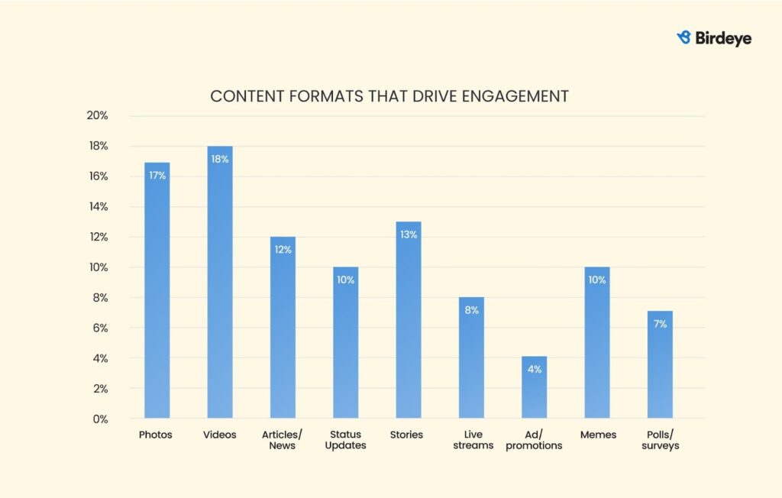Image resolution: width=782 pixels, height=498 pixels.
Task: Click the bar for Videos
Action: click(220, 283)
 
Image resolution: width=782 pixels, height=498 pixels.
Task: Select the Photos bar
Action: click(157, 290)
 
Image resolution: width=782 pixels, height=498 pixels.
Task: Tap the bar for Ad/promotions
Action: click(534, 387)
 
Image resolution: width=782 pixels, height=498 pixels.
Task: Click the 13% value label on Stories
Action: click(409, 234)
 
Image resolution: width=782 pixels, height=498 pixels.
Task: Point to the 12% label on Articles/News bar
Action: click(283, 250)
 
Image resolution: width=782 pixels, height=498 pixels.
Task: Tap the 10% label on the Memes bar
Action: click(596, 280)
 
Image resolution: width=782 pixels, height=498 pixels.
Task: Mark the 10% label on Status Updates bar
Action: click(345, 280)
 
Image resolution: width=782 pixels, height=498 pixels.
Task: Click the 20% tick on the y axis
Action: click(98, 116)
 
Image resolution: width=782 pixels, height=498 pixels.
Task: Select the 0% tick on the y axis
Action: click(100, 419)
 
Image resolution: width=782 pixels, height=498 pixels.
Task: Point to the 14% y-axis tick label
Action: click(98, 207)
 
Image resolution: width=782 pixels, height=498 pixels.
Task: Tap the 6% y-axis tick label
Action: click(100, 328)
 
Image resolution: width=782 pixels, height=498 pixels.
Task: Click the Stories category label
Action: click(406, 435)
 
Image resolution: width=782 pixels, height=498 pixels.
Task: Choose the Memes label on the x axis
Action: click(596, 435)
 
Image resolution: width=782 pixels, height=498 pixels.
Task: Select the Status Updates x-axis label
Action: click(345, 440)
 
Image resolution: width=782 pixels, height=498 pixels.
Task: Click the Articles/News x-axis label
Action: click(283, 440)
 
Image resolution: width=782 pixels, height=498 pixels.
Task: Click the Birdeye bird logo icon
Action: click(684, 37)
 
